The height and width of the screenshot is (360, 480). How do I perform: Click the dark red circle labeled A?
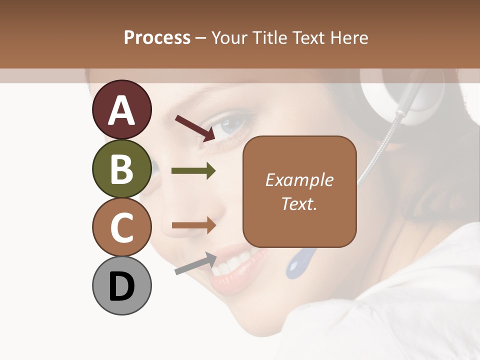pyautogui.click(x=121, y=110)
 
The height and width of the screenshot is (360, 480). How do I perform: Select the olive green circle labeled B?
pyautogui.click(x=121, y=169)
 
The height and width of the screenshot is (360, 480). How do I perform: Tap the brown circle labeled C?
pyautogui.click(x=121, y=227)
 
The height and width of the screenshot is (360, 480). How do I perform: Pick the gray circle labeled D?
pyautogui.click(x=121, y=286)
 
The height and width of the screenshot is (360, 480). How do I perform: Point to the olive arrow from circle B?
pyautogui.click(x=193, y=171)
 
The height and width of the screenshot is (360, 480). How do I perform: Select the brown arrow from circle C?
pyautogui.click(x=193, y=225)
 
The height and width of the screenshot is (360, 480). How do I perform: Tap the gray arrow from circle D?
pyautogui.click(x=195, y=263)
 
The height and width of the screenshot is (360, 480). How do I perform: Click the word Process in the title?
pyautogui.click(x=157, y=37)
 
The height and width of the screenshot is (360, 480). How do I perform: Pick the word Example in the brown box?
pyautogui.click(x=299, y=180)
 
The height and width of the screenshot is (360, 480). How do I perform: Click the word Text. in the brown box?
pyautogui.click(x=299, y=203)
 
